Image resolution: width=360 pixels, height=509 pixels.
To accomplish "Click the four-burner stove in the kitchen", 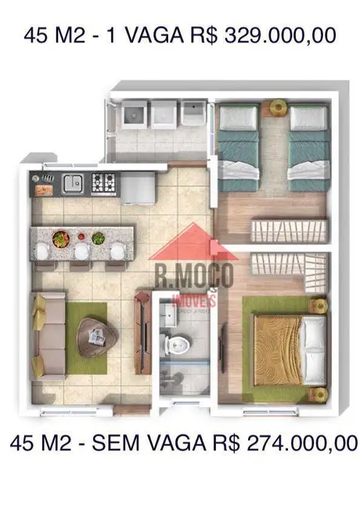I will click(104, 182).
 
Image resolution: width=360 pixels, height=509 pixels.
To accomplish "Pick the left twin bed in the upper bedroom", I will click(238, 146).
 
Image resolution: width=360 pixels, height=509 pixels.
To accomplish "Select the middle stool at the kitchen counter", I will click(82, 252).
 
